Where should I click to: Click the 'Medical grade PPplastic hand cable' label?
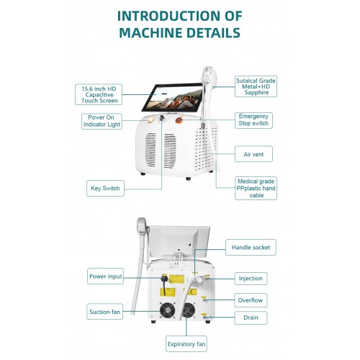click(x=256, y=188)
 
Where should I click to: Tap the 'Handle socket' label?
click(x=251, y=247)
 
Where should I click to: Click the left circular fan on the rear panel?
click(x=165, y=311)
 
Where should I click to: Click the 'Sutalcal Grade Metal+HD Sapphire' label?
click(x=256, y=86)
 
